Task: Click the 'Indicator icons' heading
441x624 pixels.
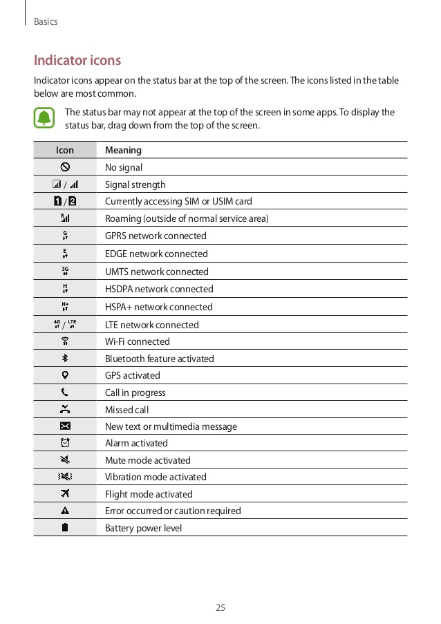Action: click(x=77, y=60)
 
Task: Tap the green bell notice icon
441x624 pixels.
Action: click(x=45, y=118)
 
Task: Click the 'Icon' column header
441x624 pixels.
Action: click(x=65, y=150)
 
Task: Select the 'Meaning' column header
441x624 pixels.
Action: click(x=123, y=150)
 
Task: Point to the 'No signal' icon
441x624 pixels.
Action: click(x=65, y=167)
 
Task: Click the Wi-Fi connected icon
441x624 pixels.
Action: click(x=65, y=341)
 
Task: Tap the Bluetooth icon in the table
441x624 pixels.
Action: click(x=65, y=359)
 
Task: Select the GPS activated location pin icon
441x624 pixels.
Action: click(x=65, y=375)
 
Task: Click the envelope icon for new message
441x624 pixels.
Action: click(x=65, y=426)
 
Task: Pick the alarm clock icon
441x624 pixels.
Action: click(x=65, y=443)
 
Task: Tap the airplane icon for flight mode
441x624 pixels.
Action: click(x=65, y=494)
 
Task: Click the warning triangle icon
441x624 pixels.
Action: click(x=65, y=511)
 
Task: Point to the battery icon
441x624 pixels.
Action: click(x=65, y=528)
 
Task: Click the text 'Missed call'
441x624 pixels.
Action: click(x=126, y=410)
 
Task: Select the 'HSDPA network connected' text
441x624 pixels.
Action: click(x=159, y=289)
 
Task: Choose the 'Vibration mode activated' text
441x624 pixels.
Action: click(x=156, y=477)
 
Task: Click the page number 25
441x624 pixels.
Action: click(x=220, y=608)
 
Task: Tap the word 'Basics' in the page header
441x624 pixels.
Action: click(x=46, y=22)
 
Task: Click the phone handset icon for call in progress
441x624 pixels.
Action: click(x=65, y=393)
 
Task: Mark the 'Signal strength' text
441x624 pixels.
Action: click(x=135, y=185)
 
